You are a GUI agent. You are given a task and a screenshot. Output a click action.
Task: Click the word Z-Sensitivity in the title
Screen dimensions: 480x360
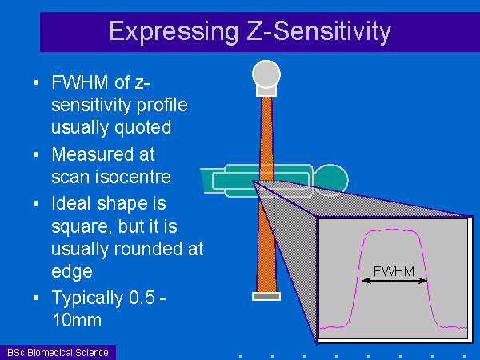click(x=318, y=32)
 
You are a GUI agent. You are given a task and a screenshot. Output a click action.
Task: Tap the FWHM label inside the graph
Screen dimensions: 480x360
click(x=394, y=271)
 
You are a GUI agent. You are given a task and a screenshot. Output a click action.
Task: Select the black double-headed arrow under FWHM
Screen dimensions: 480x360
click(x=394, y=281)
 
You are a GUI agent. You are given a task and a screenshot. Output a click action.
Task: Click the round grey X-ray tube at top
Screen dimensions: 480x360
click(x=266, y=74)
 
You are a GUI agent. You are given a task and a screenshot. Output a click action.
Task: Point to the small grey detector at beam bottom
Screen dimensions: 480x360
click(x=266, y=296)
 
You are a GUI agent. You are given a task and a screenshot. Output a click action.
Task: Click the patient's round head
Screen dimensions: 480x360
click(x=331, y=180)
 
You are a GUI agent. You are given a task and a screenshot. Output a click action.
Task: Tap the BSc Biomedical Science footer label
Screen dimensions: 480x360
click(x=58, y=353)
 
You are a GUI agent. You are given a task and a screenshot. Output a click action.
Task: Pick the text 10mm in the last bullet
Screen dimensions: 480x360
click(x=77, y=320)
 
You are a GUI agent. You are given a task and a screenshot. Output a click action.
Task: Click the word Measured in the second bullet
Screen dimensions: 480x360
click(x=93, y=154)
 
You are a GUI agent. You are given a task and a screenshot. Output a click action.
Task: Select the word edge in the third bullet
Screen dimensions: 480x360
click(x=72, y=272)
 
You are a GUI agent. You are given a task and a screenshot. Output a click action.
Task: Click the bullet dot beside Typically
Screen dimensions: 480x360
click(x=36, y=298)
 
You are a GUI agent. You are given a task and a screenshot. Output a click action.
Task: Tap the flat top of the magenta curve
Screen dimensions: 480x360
click(x=392, y=230)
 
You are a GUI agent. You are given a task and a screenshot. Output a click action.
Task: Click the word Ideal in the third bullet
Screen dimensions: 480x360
click(x=72, y=203)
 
